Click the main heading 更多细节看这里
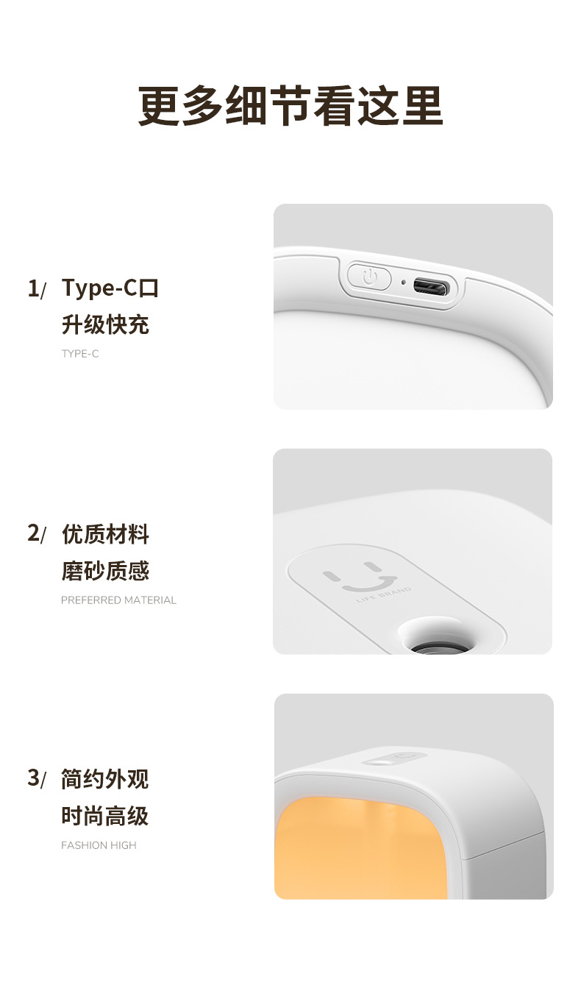(x=290, y=106)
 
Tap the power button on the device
(x=369, y=277)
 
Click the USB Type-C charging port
(x=431, y=288)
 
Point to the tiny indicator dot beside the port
(x=403, y=282)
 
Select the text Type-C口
(x=110, y=288)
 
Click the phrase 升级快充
(x=105, y=324)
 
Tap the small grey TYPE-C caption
(x=79, y=354)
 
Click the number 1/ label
(x=36, y=288)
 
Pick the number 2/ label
(x=36, y=533)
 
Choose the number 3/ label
(x=36, y=778)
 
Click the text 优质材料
(x=105, y=534)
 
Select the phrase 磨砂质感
(x=105, y=571)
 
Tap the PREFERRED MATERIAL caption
(x=118, y=600)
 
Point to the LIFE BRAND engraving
(x=383, y=595)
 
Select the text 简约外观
(x=105, y=779)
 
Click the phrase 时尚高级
(x=105, y=816)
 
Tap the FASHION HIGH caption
(x=99, y=845)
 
